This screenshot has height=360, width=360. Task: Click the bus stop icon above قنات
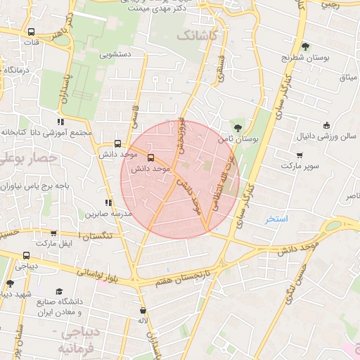pos(30,32)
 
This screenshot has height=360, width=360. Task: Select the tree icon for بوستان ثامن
pos(238,128)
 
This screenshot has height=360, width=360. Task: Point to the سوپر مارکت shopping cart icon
pos(300,155)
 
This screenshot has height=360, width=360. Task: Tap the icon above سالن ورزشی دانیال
pos(326,125)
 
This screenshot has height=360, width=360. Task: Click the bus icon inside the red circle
pos(150,158)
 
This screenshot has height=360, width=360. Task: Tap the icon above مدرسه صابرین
pos(108,202)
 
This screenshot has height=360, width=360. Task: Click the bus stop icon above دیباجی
pos(27,256)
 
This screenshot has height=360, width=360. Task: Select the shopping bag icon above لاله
pos(143,310)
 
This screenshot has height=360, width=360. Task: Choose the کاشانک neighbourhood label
pos(199,34)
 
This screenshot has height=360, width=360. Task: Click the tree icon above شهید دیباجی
pos(10,283)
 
